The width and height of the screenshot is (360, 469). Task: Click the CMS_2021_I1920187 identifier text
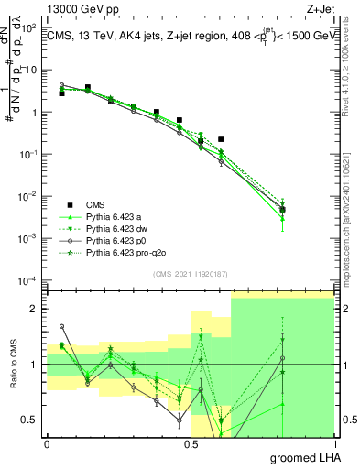click(x=190, y=274)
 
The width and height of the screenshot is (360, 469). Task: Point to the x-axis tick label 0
click(x=47, y=442)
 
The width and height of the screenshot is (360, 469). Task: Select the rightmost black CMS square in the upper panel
click(x=283, y=210)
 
